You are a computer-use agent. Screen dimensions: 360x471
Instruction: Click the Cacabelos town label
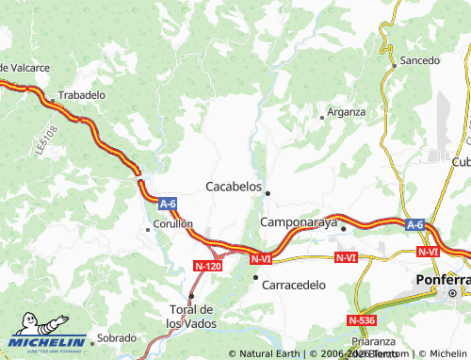(234, 187)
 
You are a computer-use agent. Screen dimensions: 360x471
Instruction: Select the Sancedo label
(420, 60)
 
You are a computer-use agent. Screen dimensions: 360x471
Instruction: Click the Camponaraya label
(297, 221)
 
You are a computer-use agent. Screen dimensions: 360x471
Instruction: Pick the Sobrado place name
(117, 337)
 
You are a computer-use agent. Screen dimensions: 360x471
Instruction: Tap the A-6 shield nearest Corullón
(168, 203)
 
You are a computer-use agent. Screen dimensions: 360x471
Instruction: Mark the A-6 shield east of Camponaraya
(415, 224)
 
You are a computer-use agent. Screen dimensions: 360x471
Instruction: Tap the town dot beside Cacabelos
(268, 193)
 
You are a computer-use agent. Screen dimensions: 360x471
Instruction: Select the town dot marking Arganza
(322, 118)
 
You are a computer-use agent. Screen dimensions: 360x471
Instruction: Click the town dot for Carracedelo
(255, 277)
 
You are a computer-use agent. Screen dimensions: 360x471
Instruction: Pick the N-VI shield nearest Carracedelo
(262, 256)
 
